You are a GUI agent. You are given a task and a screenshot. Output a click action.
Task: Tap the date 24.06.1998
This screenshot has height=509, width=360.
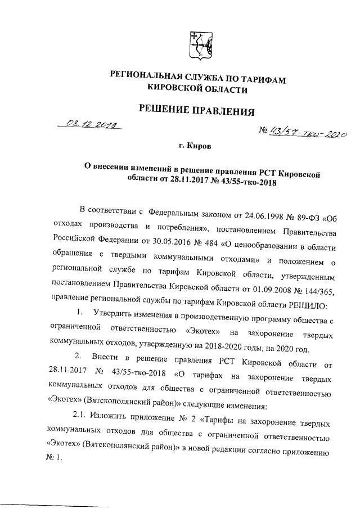[245, 213]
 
